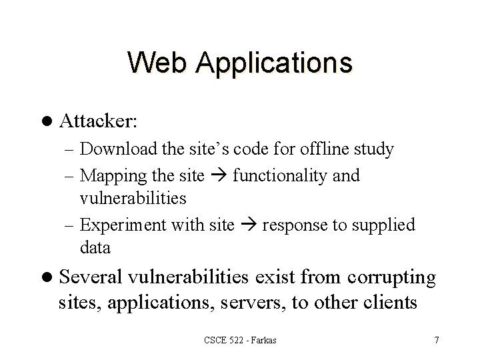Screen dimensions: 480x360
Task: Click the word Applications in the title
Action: (273, 63)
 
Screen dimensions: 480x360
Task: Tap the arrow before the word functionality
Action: (221, 177)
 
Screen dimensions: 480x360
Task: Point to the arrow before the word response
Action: (248, 226)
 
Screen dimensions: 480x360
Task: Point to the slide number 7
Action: (436, 341)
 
